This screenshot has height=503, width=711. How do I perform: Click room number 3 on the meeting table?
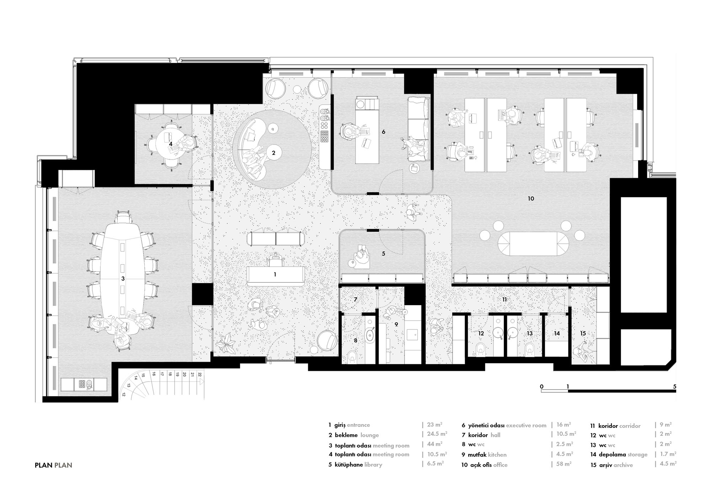tap(123, 279)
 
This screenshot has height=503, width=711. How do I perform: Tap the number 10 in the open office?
tap(531, 198)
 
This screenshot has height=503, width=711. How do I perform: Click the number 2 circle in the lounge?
tap(273, 153)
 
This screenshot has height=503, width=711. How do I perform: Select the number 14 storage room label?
tap(557, 333)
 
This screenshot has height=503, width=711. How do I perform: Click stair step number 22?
tap(200, 374)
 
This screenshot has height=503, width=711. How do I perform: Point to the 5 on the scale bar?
tap(674, 386)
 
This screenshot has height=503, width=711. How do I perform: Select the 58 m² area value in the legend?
tap(564, 464)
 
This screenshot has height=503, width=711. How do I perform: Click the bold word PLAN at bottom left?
tap(44, 465)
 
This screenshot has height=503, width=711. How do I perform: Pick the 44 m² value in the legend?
tap(434, 444)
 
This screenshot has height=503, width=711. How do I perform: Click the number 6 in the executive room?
tap(383, 132)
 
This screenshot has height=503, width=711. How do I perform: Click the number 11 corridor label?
tap(504, 300)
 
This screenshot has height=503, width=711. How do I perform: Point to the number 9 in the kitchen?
tap(396, 324)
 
